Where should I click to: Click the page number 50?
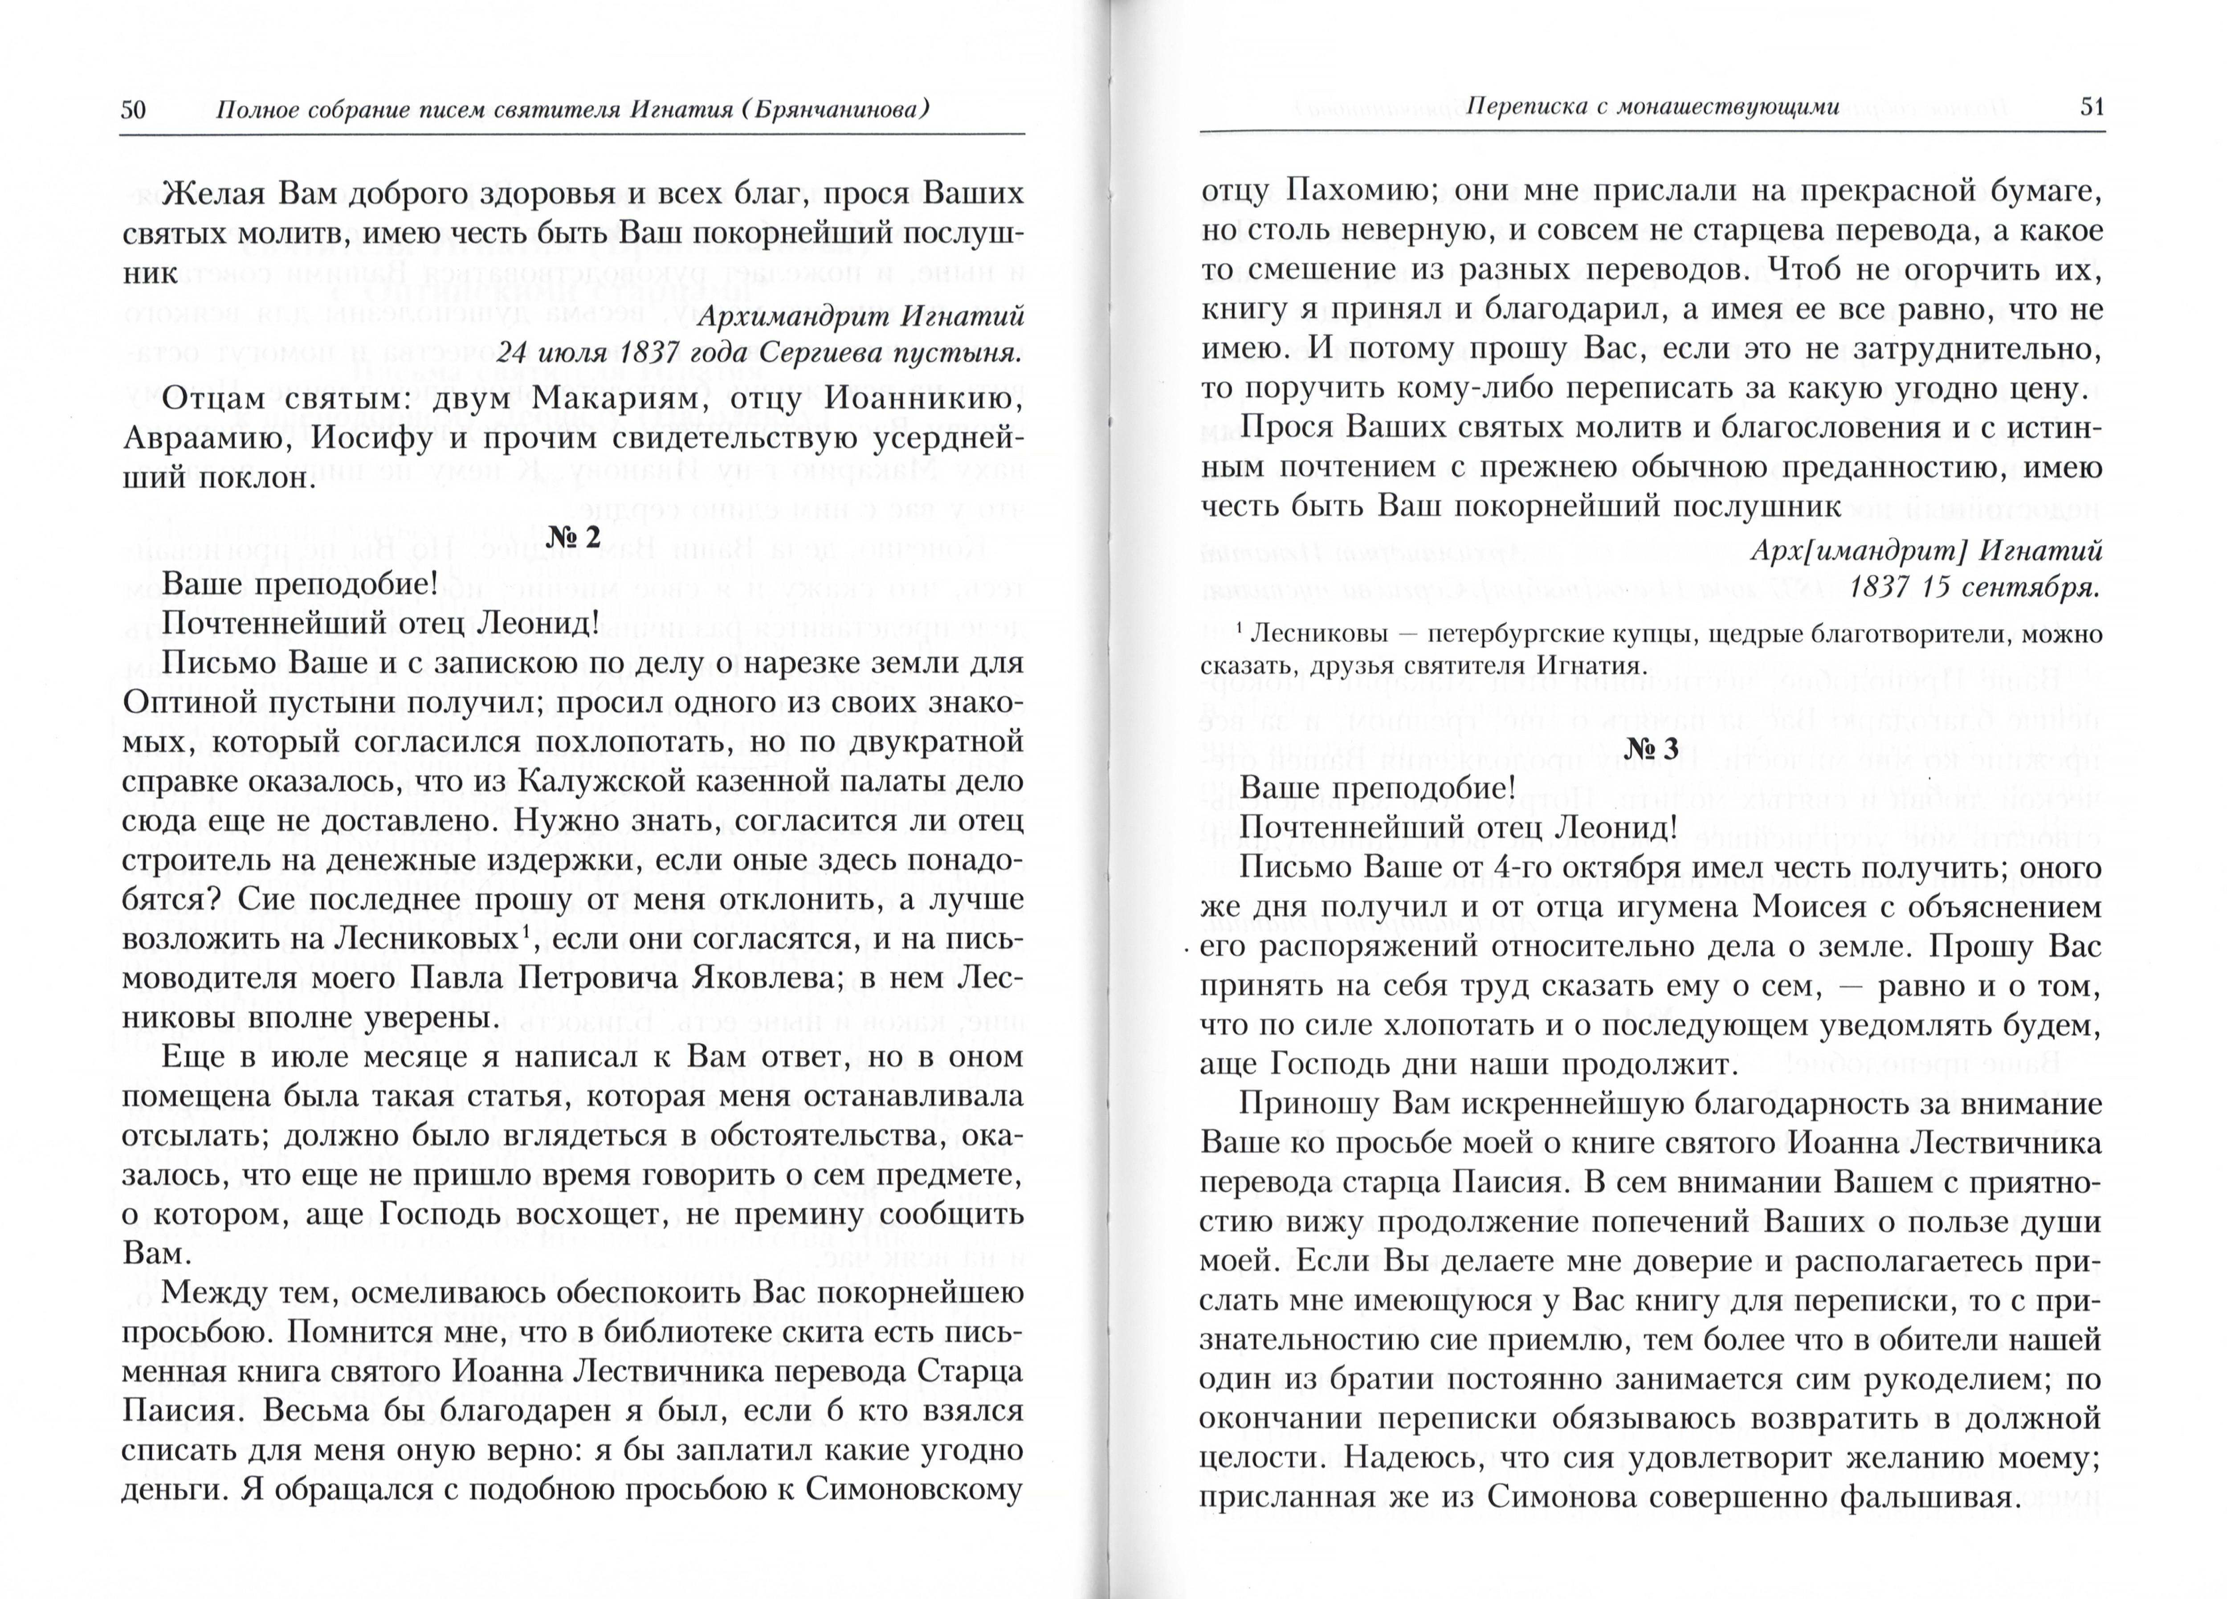[133, 108]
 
